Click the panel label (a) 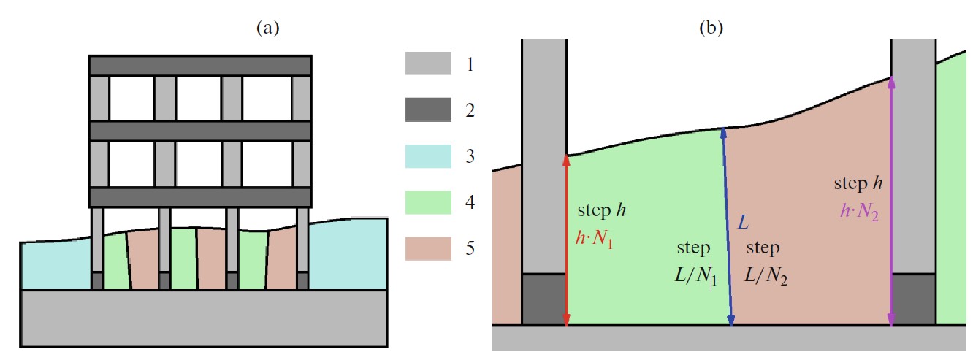point(268,28)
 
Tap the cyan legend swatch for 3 point(428,157)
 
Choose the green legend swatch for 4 point(428,203)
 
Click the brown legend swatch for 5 point(428,249)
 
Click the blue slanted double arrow point(728,226)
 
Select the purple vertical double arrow point(891,201)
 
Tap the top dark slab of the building point(200,65)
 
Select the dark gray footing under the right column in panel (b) point(914,299)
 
